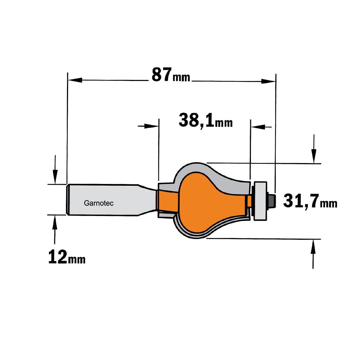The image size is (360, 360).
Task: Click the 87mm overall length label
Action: (171, 75)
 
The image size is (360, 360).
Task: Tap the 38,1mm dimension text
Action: (206, 120)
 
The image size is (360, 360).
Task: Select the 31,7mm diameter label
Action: (310, 201)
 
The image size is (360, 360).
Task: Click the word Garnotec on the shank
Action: (99, 203)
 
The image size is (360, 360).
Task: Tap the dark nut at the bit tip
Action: (272, 201)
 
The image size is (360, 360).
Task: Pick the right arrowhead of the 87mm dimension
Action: (269, 81)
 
